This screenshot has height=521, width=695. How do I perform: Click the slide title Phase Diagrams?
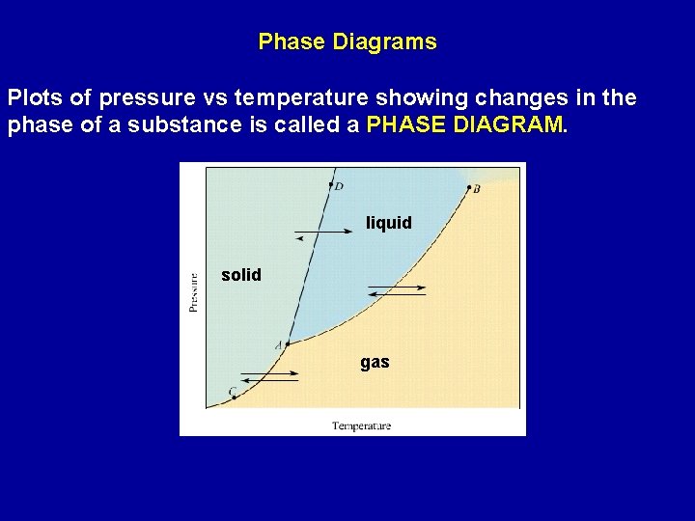pyautogui.click(x=347, y=42)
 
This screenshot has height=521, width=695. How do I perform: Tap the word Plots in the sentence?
pyautogui.click(x=36, y=98)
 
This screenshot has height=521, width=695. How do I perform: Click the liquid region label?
pyautogui.click(x=388, y=223)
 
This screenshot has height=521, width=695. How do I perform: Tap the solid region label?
pyautogui.click(x=240, y=275)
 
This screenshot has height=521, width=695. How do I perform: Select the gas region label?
pyautogui.click(x=375, y=362)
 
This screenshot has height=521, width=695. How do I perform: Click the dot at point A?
pyautogui.click(x=287, y=343)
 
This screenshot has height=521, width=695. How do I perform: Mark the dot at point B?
pyautogui.click(x=469, y=187)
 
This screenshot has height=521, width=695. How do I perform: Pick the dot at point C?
pyautogui.click(x=235, y=398)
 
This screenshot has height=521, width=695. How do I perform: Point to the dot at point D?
pyautogui.click(x=330, y=183)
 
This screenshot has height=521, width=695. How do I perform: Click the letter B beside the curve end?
pyautogui.click(x=477, y=190)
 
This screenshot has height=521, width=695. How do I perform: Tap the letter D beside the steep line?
pyautogui.click(x=339, y=186)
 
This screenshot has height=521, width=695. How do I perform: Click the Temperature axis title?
pyautogui.click(x=362, y=425)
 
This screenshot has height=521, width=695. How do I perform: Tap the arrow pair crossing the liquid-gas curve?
pyautogui.click(x=396, y=290)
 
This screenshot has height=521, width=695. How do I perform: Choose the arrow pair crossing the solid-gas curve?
pyautogui.click(x=268, y=376)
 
